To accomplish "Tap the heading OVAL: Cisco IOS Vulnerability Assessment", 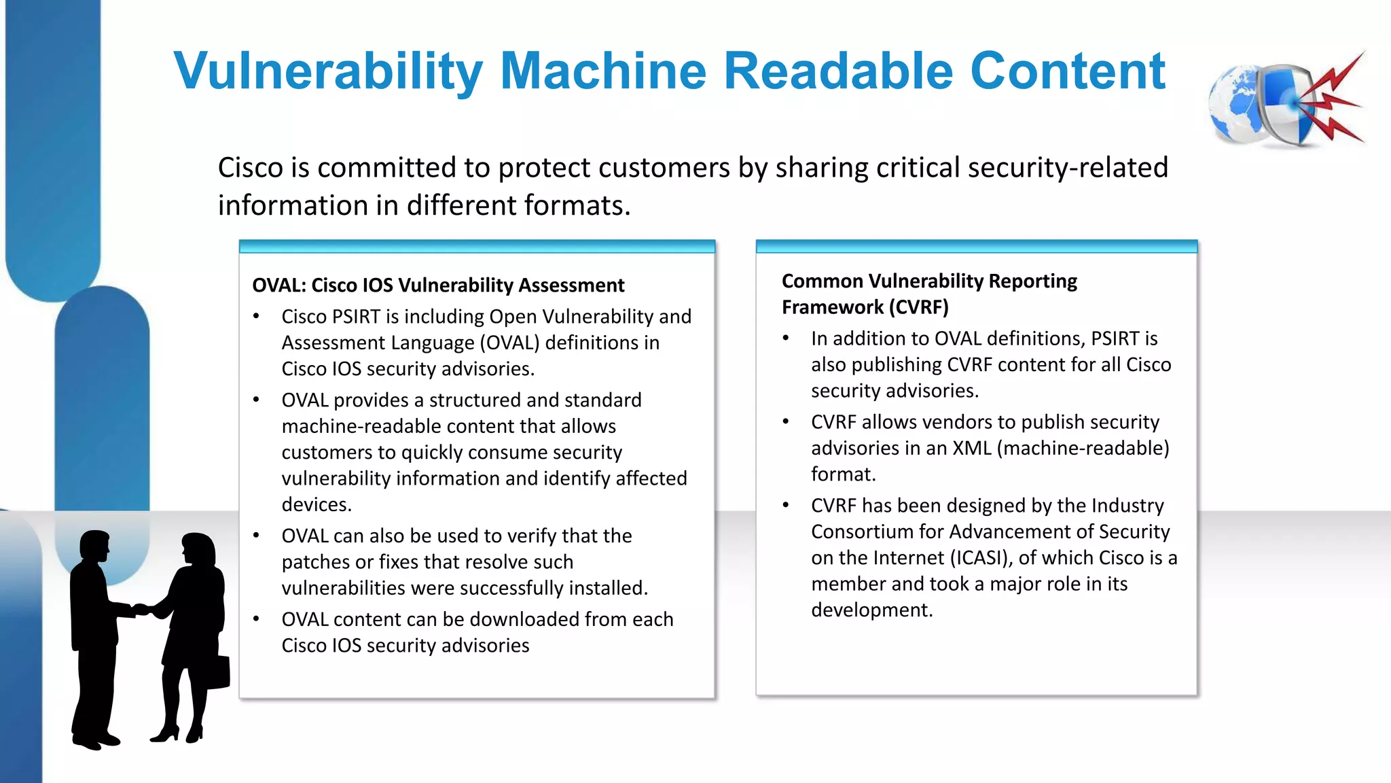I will point(438,285).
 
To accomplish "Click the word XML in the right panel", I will point(972,449).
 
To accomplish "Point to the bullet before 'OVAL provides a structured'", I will point(257,400).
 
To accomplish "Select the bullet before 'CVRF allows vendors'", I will point(786,422).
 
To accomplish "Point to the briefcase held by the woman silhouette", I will point(217,672).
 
